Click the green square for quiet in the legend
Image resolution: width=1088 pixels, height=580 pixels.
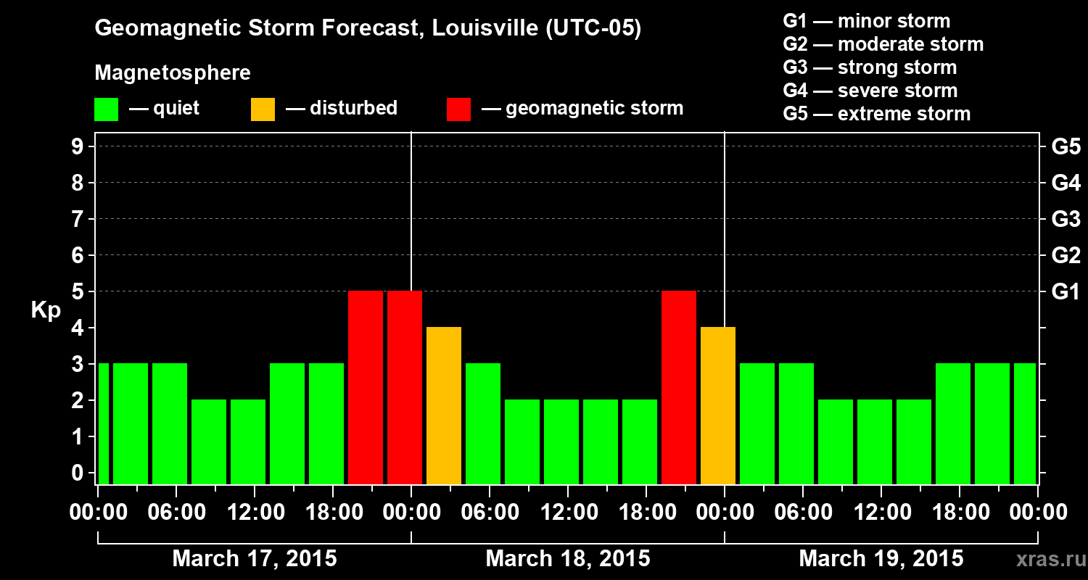point(106,109)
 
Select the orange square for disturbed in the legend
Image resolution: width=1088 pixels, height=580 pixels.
point(263,109)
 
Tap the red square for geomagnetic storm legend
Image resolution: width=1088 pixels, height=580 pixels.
point(458,109)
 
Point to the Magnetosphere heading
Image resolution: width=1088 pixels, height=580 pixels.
point(173,73)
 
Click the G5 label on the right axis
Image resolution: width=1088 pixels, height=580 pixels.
point(1066,146)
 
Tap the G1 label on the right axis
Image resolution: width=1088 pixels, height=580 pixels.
point(1066,291)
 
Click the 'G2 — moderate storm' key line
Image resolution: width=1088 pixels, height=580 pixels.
point(883,44)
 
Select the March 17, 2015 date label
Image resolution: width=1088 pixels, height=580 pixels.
point(255,559)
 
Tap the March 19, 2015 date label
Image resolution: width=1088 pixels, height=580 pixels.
point(881,559)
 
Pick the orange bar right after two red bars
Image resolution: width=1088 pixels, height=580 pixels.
point(444,405)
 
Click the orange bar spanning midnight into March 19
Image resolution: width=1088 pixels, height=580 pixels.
point(718,405)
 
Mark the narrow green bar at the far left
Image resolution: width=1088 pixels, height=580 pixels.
point(103,423)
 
